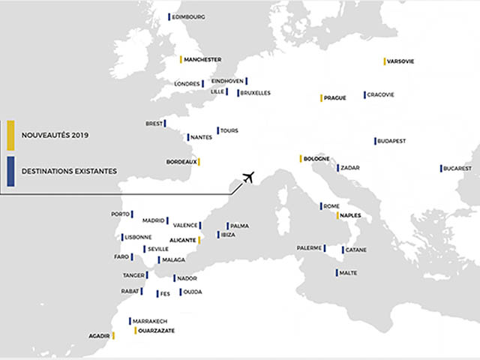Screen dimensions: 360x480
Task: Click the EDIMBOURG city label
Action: pos(189,16)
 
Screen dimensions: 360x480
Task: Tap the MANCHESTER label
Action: pos(202,59)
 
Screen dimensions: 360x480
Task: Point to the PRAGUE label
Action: pos(335,98)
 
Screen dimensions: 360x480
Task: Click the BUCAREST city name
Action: pos(457,169)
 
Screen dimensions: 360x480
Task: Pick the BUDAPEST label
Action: pos(392,141)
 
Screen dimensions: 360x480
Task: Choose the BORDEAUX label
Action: pos(181,162)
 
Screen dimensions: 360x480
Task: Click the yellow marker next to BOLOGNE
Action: pos(301,159)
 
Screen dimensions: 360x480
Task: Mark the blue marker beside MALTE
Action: pos(336,273)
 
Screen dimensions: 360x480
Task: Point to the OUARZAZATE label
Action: pos(157,331)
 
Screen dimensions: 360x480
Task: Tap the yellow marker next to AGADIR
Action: pos(113,335)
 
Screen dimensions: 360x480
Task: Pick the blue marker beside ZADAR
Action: pos(338,168)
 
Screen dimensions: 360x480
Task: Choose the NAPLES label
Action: pos(351,216)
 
